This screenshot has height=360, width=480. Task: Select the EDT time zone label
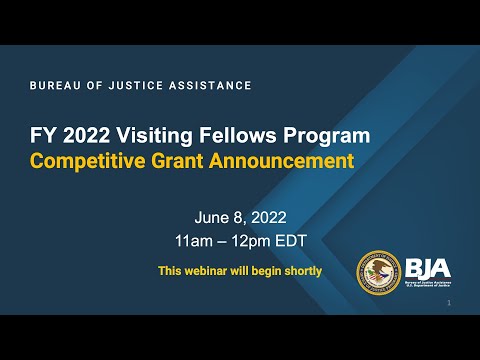[290, 242]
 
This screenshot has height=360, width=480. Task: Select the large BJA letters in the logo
[428, 267]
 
